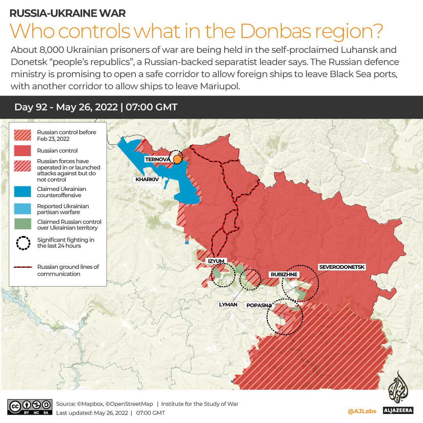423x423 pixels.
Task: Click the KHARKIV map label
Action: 147,180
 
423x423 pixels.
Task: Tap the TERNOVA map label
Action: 157,159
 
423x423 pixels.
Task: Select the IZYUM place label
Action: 216,261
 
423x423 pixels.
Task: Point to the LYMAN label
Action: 228,304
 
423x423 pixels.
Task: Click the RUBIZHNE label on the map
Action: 284,274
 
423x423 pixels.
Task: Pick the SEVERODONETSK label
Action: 342,267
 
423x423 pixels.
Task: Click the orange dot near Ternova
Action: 177,159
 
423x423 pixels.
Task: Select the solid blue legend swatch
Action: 23,192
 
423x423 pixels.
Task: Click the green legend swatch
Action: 23,224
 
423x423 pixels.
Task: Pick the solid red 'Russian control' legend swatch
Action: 23,151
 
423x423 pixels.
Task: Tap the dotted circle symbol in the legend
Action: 23,243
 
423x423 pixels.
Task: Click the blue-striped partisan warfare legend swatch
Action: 23,209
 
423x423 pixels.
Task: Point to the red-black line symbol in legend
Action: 23,267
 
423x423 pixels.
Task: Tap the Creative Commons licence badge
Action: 30,407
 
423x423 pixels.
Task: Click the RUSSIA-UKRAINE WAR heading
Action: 67,13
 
